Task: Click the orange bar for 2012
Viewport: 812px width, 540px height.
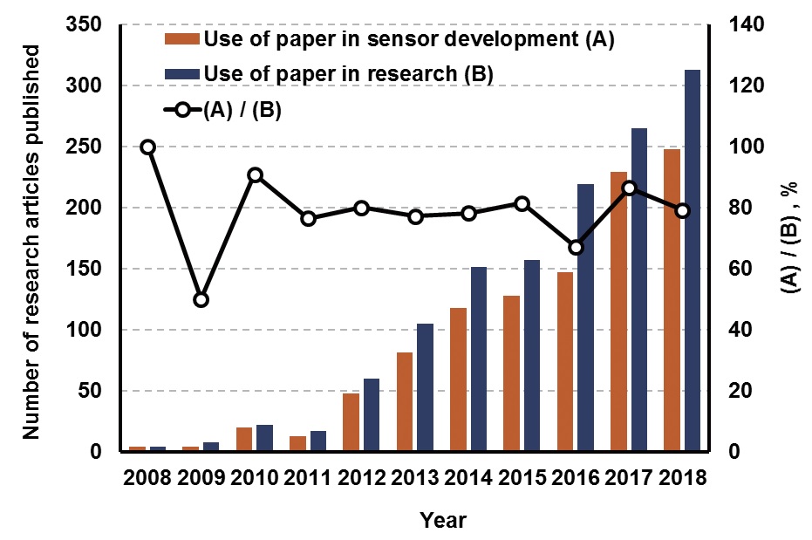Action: coord(351,422)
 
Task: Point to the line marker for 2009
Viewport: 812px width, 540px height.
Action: coord(201,299)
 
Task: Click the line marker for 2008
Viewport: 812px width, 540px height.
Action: coord(148,147)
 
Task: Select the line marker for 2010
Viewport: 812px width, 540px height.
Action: coord(255,174)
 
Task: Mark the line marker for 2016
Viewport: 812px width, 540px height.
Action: coord(576,247)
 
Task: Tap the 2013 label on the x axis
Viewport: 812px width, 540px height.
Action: coord(415,478)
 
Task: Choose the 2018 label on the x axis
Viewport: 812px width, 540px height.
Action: coord(683,478)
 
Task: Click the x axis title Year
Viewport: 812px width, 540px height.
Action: coord(442,521)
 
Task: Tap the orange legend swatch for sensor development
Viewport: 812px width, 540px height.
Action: coord(181,38)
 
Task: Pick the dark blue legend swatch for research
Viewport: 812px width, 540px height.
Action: coord(181,74)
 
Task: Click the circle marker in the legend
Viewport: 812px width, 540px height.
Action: coord(182,111)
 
